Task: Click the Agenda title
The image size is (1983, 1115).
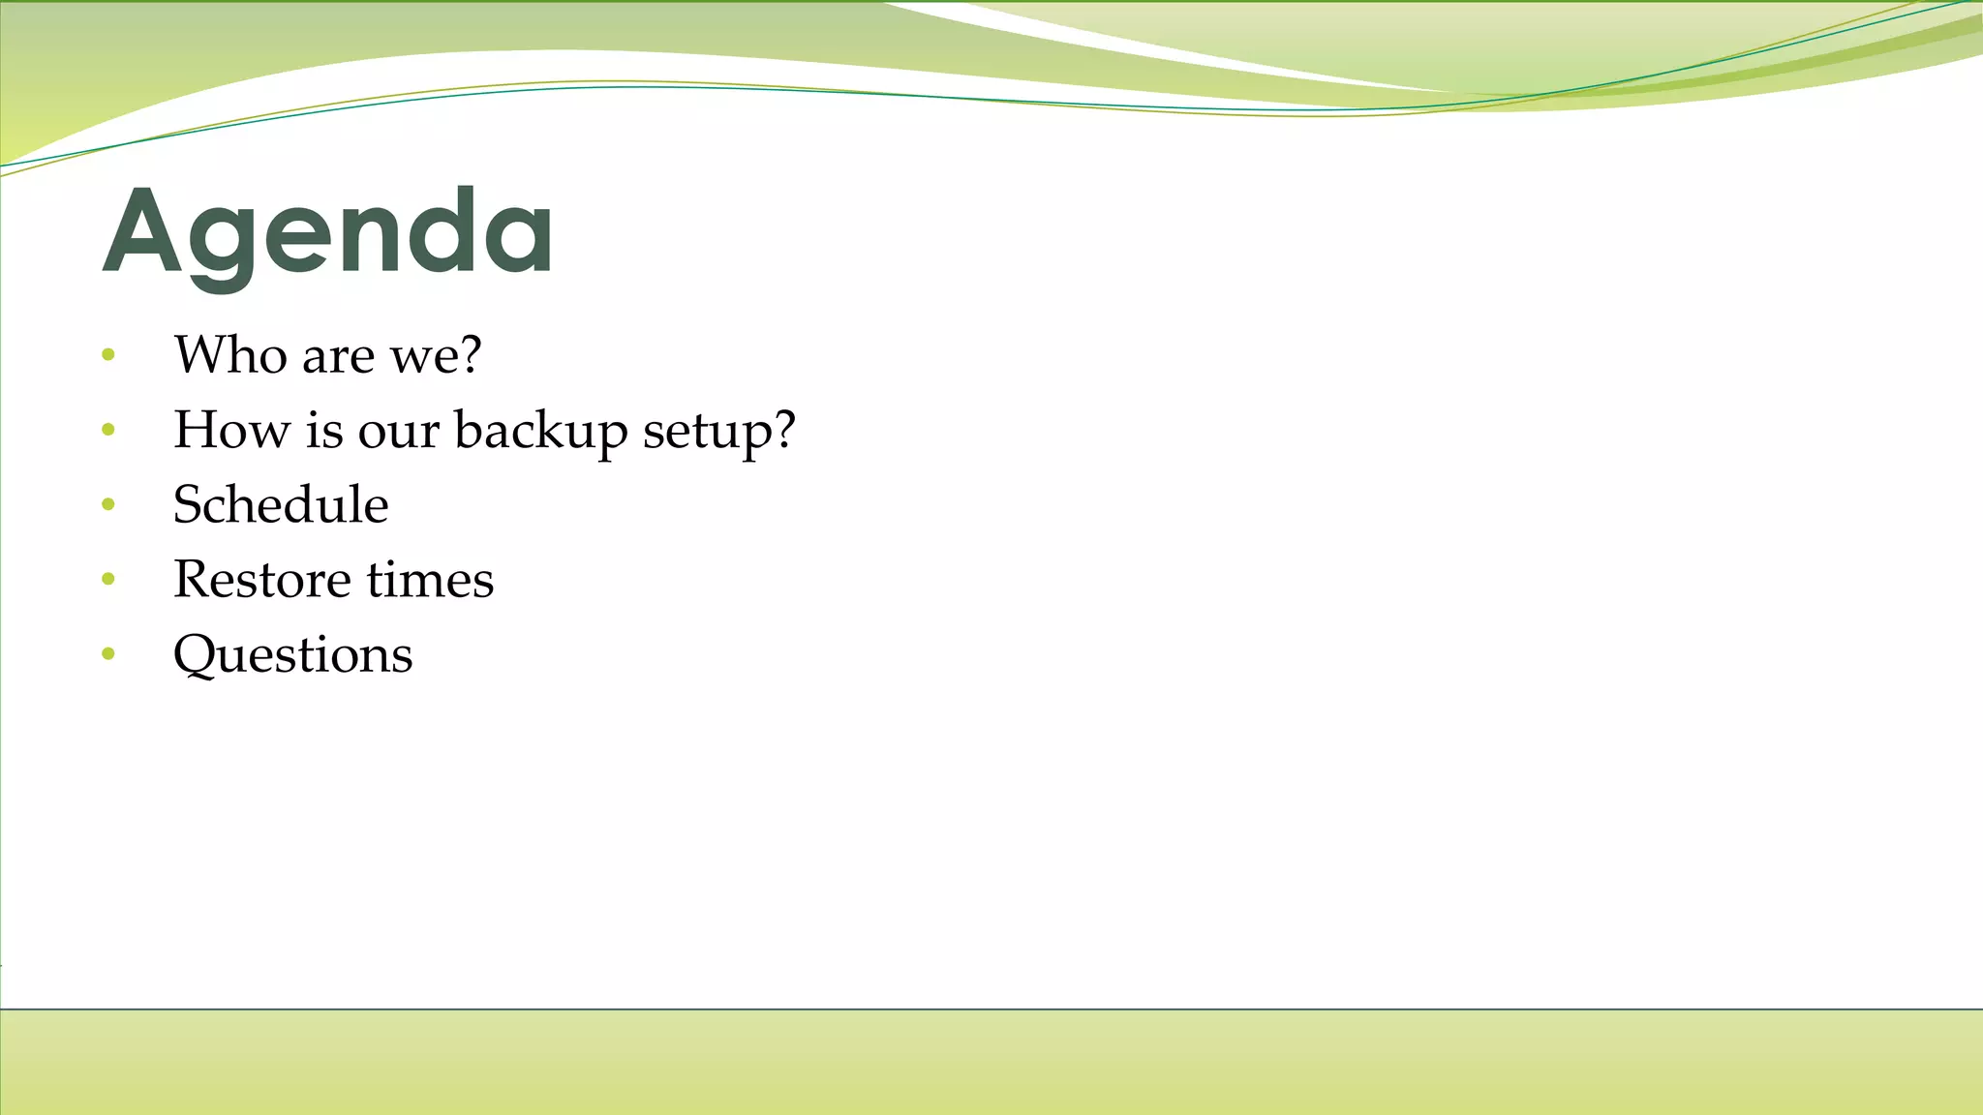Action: [x=327, y=232]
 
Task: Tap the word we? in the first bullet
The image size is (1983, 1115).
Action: [x=435, y=354]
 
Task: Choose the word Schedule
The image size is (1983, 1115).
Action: [x=281, y=504]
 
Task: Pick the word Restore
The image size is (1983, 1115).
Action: [x=261, y=579]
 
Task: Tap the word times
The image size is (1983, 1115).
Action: [x=430, y=579]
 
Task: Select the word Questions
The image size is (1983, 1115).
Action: [x=292, y=655]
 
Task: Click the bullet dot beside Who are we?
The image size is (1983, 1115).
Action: [x=108, y=355]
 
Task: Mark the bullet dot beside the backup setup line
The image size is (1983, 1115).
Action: [x=108, y=430]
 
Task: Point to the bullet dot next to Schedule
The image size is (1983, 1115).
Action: [x=108, y=504]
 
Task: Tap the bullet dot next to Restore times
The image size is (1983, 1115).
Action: [x=108, y=580]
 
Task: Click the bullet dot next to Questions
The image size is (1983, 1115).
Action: [x=108, y=654]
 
